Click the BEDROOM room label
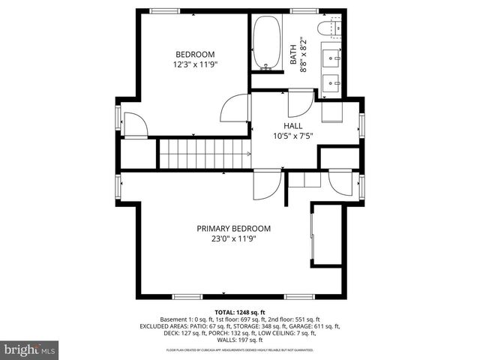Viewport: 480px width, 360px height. [x=195, y=54]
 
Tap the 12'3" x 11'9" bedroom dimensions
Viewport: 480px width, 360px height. [x=195, y=64]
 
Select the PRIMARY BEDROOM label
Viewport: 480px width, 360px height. [x=233, y=229]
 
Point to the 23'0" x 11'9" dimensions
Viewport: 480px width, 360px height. [x=233, y=239]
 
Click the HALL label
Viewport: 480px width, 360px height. [x=293, y=126]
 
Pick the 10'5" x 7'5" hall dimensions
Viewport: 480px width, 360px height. [x=293, y=136]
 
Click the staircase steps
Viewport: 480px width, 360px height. [x=203, y=154]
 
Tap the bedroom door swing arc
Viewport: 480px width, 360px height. [x=235, y=106]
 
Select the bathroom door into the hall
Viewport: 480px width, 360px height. [x=301, y=102]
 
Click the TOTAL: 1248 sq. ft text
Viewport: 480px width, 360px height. [x=240, y=311]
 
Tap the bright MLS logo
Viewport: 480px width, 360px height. [x=30, y=349]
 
